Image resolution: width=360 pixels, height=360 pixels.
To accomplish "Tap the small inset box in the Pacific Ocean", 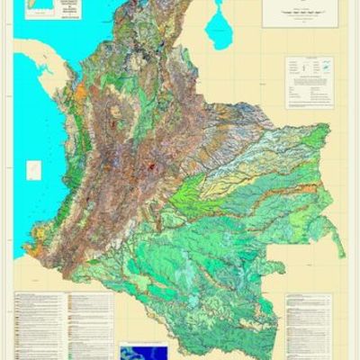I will tap(32, 168).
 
